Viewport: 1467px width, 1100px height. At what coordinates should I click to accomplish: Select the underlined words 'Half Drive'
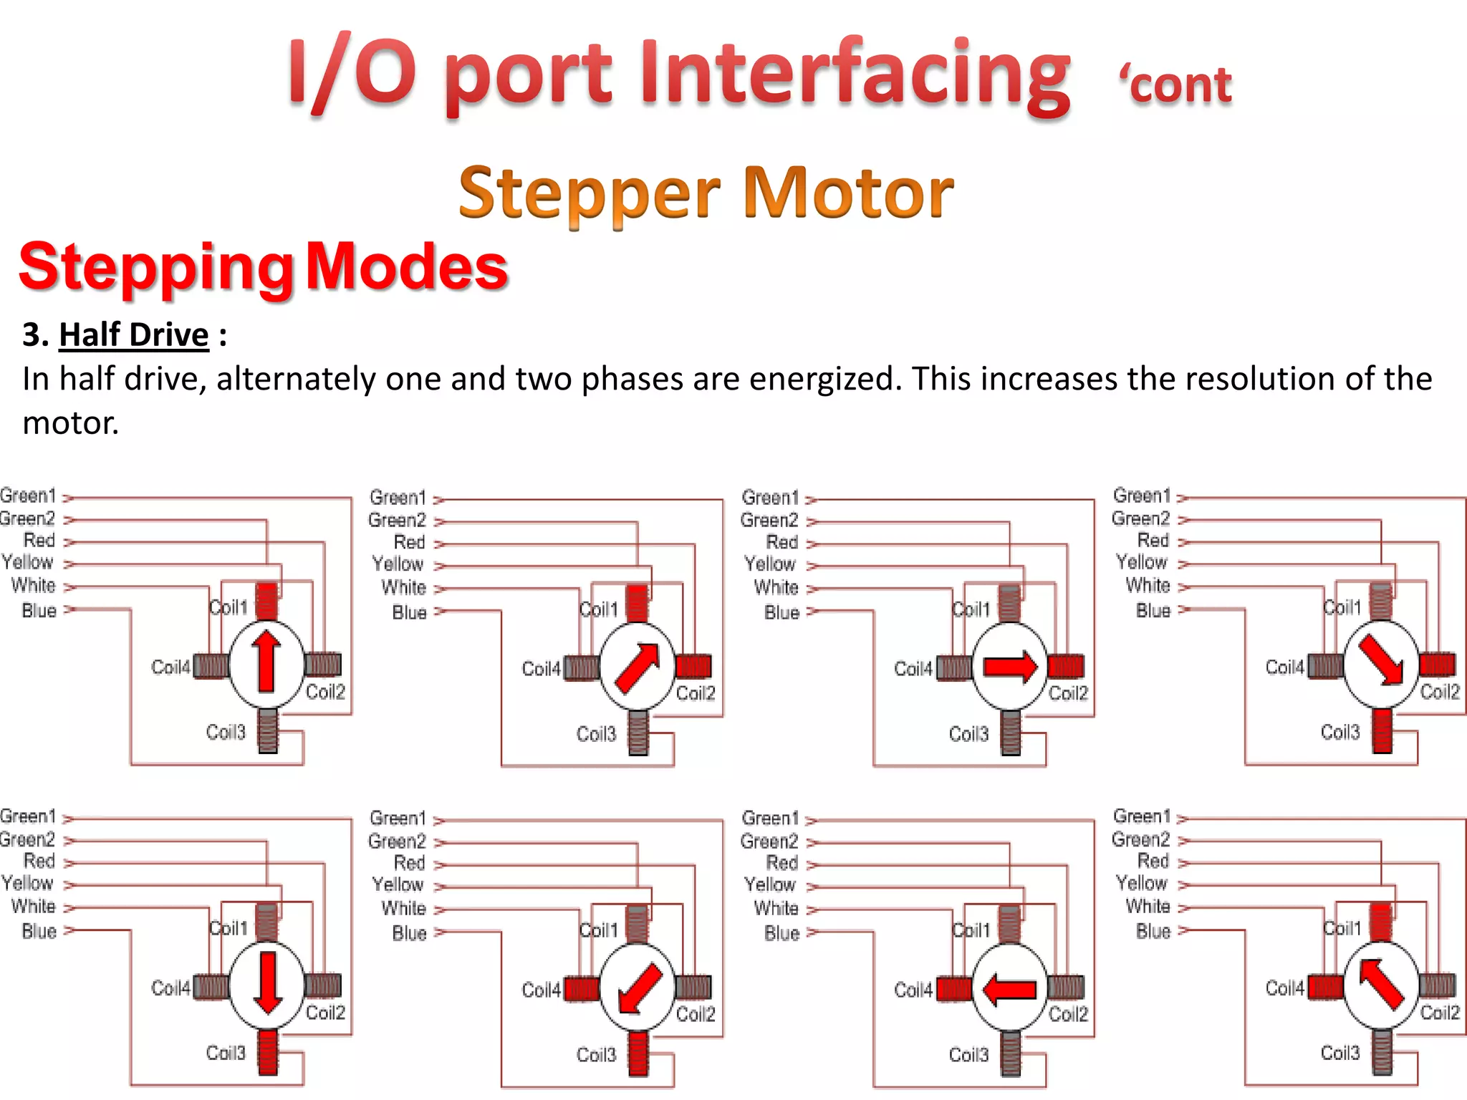click(x=134, y=334)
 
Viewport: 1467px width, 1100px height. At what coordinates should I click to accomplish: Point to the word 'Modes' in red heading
click(x=407, y=266)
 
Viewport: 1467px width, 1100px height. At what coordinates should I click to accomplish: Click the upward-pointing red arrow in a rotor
click(x=266, y=660)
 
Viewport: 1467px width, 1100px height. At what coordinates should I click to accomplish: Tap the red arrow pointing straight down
click(x=267, y=982)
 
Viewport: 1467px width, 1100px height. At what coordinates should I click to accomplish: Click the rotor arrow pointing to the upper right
click(x=638, y=667)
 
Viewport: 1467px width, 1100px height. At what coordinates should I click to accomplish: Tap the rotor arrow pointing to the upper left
click(x=1380, y=985)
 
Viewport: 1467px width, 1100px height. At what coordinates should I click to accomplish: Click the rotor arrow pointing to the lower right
click(x=1381, y=660)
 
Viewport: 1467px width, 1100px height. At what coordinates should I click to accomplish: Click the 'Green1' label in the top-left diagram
click(x=28, y=496)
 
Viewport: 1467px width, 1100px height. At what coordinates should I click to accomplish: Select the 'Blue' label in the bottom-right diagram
click(x=1153, y=931)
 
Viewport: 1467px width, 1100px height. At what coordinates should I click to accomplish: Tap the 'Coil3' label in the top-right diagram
click(x=1339, y=732)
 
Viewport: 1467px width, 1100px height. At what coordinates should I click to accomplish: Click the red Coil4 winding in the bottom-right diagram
click(x=1325, y=988)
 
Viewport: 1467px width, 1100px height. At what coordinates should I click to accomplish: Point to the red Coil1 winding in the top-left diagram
click(x=266, y=601)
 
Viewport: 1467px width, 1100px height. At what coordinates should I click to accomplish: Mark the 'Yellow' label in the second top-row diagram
click(x=398, y=564)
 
